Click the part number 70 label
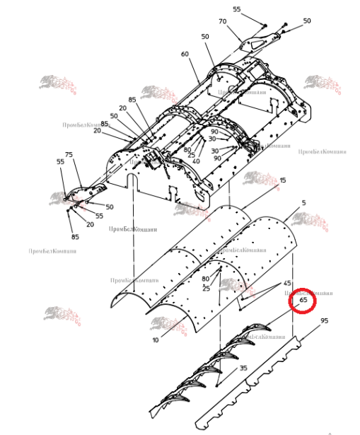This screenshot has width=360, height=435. click(222, 21)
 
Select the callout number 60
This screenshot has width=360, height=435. click(185, 54)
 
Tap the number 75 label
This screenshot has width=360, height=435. click(69, 155)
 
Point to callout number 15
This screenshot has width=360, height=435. click(283, 181)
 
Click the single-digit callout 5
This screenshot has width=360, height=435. click(303, 203)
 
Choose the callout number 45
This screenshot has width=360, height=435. click(288, 283)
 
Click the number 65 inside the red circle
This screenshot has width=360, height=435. click(303, 300)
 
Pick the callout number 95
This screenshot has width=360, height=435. click(325, 320)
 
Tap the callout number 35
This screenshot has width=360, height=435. click(243, 368)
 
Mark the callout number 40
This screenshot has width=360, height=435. click(195, 161)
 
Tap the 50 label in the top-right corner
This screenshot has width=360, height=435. click(307, 21)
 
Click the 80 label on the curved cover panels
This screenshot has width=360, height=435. click(205, 279)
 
